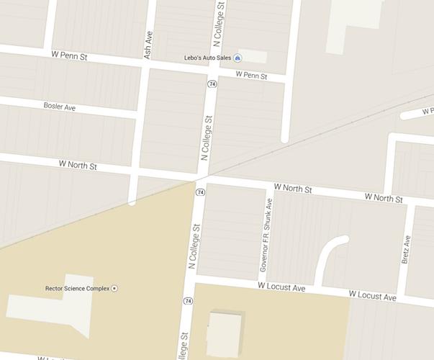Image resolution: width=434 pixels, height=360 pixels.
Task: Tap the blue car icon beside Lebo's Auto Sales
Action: coord(238,58)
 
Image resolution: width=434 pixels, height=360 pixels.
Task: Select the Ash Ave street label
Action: coord(149,45)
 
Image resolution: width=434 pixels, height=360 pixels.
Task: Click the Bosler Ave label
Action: coord(59,107)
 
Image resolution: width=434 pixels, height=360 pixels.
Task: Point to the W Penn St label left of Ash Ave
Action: coord(69,55)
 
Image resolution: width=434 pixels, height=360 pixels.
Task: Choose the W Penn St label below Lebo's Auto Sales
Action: coord(251,75)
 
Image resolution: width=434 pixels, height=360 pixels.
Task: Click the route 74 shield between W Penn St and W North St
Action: coord(212,84)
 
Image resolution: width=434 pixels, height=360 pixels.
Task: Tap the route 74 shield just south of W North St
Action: coord(200,193)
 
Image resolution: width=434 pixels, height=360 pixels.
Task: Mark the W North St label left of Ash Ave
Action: coord(78,165)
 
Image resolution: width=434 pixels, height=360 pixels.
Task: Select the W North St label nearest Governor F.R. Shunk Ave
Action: coord(292,189)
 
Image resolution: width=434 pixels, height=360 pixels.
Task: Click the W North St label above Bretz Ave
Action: coord(383,197)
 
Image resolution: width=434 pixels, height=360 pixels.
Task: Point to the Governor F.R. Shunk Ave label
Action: coord(266,235)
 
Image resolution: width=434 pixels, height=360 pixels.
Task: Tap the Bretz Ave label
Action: coord(406,249)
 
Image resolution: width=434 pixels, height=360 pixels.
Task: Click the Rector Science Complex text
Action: coord(77,289)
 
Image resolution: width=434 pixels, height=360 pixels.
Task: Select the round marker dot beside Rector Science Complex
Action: coord(114,289)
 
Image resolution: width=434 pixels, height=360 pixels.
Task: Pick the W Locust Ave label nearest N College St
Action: coord(281,287)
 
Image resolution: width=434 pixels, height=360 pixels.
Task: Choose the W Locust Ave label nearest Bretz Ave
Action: coord(372,296)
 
